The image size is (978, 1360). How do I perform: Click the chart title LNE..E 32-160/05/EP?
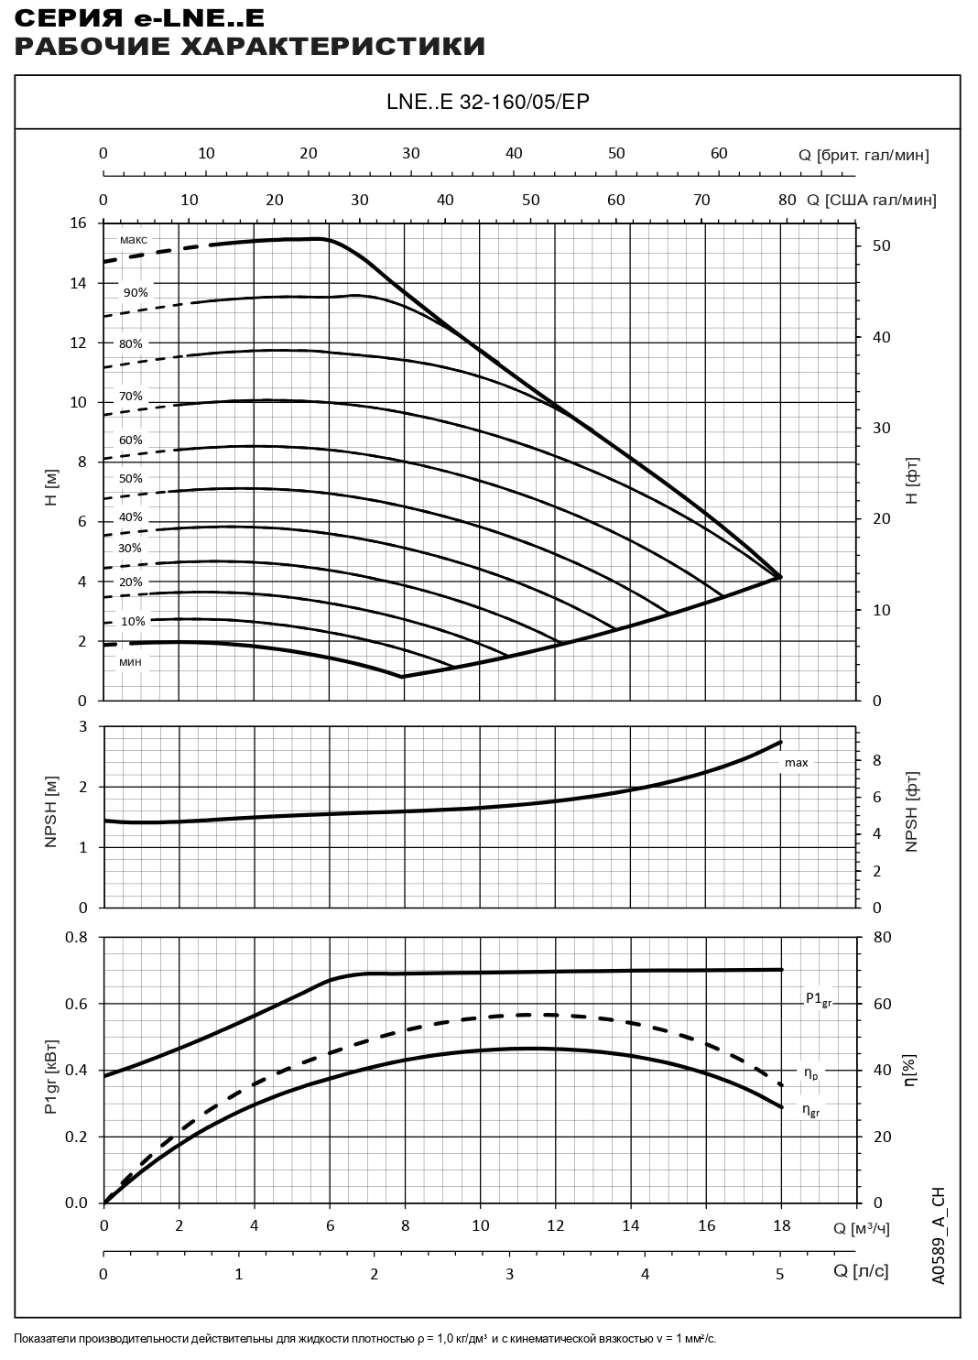click(487, 102)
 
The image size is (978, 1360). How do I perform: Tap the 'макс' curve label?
click(133, 240)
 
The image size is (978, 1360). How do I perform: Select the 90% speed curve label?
click(135, 293)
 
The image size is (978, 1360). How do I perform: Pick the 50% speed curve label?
click(130, 478)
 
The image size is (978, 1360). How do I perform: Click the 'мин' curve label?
click(130, 660)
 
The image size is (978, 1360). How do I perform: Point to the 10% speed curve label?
click(133, 621)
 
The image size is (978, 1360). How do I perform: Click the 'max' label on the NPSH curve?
click(796, 763)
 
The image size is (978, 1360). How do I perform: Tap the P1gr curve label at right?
click(818, 998)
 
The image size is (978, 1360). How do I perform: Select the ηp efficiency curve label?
click(810, 1072)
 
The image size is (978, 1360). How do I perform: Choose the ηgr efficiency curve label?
click(811, 1110)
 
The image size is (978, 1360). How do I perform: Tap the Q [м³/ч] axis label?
click(861, 1228)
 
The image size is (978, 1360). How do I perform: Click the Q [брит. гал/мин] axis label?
click(864, 155)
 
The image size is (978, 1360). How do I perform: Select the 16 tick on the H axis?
click(77, 223)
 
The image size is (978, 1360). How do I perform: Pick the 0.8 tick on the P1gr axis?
click(75, 938)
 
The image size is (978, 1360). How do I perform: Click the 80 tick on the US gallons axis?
click(787, 200)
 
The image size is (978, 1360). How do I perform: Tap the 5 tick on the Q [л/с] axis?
click(780, 1273)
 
